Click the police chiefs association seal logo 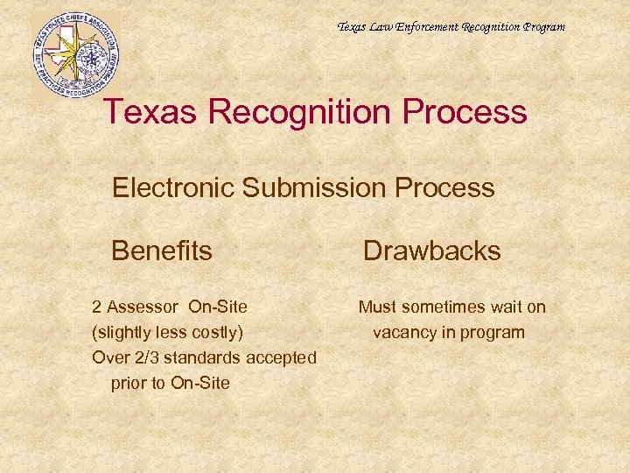[x=75, y=55]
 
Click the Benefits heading [x=162, y=251]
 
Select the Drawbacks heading [x=431, y=251]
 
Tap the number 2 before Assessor [x=97, y=307]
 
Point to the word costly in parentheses [x=219, y=332]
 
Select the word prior [x=129, y=383]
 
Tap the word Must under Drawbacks [x=377, y=307]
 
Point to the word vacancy [x=402, y=332]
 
